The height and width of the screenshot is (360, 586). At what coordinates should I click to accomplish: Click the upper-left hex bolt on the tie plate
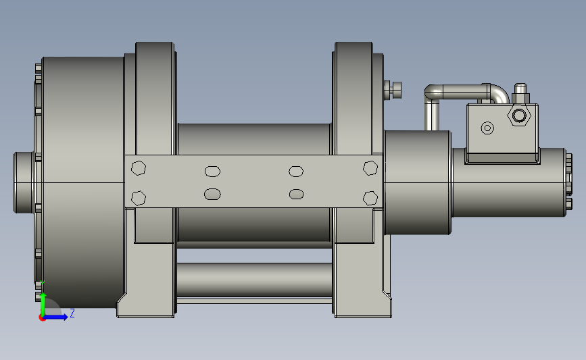[x=139, y=168]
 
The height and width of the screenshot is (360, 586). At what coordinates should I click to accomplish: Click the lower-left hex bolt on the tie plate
[x=139, y=198]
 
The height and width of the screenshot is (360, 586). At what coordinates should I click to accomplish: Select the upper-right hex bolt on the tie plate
[x=370, y=168]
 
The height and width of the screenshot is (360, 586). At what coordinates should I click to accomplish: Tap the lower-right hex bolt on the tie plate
[x=370, y=199]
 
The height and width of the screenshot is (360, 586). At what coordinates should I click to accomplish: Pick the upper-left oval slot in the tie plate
[x=213, y=172]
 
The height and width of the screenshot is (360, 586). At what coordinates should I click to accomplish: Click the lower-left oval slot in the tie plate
[x=212, y=195]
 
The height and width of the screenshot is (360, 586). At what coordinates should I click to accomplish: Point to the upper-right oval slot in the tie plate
[x=296, y=172]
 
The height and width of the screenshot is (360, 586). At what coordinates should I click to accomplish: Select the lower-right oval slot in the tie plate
[x=296, y=195]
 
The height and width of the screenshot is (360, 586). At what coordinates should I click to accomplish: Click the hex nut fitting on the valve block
[x=519, y=115]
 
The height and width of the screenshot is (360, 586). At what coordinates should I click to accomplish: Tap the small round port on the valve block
[x=487, y=128]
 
